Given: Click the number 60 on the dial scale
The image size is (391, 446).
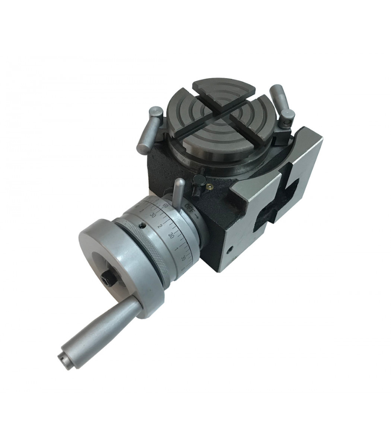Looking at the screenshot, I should click(x=166, y=206).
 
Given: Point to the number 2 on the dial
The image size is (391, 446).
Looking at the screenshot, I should click(x=159, y=226).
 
